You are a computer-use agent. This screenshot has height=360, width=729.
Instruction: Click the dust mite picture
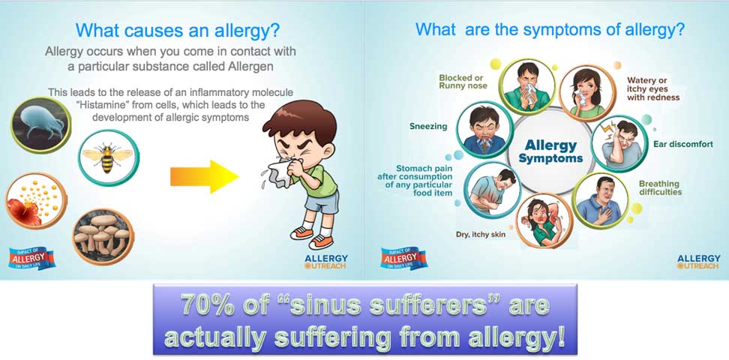(41, 125)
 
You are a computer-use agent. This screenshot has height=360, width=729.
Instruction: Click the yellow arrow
(205, 176)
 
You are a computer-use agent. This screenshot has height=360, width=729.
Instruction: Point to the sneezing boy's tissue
(279, 171)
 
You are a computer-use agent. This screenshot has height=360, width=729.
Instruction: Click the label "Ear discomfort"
(683, 144)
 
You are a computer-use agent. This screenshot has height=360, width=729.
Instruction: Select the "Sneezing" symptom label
(428, 126)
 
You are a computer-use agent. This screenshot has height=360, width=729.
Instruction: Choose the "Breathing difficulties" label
(660, 188)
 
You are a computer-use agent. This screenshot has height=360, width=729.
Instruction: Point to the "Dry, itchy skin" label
(480, 235)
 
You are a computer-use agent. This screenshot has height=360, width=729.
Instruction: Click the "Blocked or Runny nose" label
(463, 82)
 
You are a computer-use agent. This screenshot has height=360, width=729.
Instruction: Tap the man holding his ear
(619, 144)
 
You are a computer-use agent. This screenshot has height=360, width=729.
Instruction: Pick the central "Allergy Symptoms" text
(551, 151)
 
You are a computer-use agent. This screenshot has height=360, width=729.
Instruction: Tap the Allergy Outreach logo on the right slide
(699, 262)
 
